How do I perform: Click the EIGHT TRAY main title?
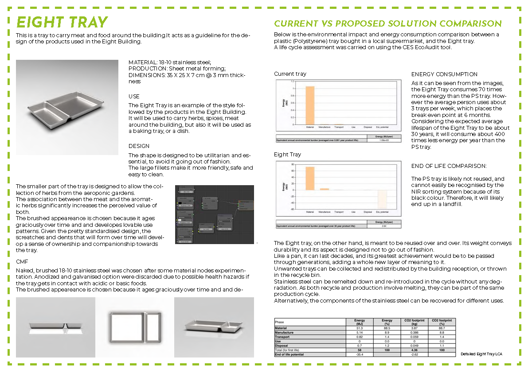62,22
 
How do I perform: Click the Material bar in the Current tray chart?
310,105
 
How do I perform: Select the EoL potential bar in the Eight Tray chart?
382,199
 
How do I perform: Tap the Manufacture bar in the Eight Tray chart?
325,189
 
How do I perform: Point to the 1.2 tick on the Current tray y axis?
291,82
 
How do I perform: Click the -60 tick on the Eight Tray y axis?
291,209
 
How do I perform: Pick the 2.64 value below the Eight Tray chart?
384,226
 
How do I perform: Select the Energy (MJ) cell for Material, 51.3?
360,328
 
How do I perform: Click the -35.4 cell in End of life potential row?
360,354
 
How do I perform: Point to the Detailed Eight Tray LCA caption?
481,354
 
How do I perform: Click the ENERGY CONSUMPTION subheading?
444,74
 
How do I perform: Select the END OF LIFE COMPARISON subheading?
449,166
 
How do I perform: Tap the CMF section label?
22,262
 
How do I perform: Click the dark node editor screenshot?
215,214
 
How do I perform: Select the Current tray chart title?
290,74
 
